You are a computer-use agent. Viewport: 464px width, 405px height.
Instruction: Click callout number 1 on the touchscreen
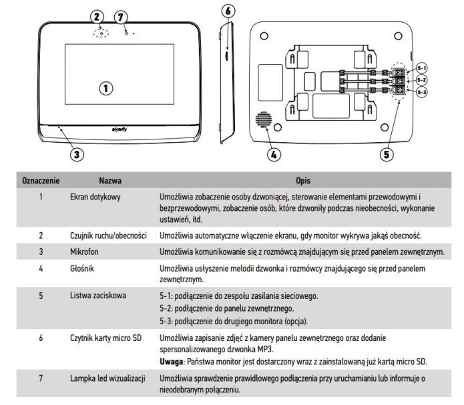[x=105, y=87]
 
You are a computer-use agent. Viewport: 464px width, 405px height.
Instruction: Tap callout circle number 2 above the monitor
[x=97, y=15]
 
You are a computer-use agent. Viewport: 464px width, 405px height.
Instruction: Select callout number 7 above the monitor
[x=120, y=15]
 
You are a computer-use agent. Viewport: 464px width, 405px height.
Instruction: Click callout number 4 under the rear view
[x=273, y=154]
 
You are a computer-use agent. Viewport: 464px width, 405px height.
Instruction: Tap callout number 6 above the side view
[x=228, y=11]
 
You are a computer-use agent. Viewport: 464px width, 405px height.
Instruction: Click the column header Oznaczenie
[x=42, y=181]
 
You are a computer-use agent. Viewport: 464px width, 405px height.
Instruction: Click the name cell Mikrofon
[x=85, y=251]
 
